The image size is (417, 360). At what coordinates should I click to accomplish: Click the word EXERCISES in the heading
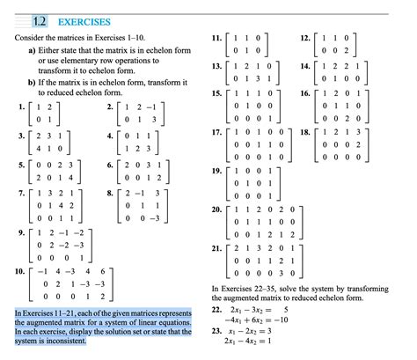pos(85,19)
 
